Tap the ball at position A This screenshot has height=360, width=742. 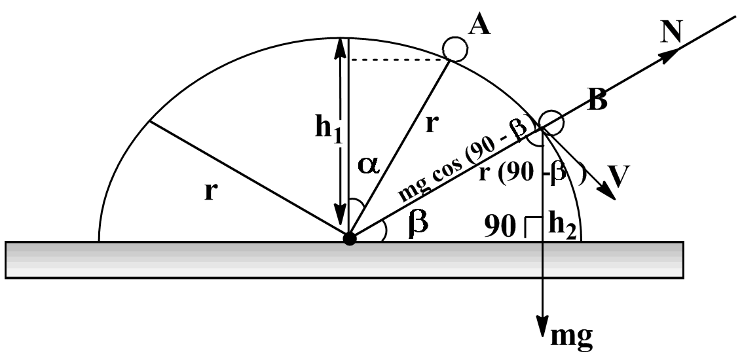pyautogui.click(x=454, y=48)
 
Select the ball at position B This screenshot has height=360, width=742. pyautogui.click(x=551, y=122)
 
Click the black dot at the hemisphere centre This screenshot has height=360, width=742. pyautogui.click(x=350, y=238)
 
